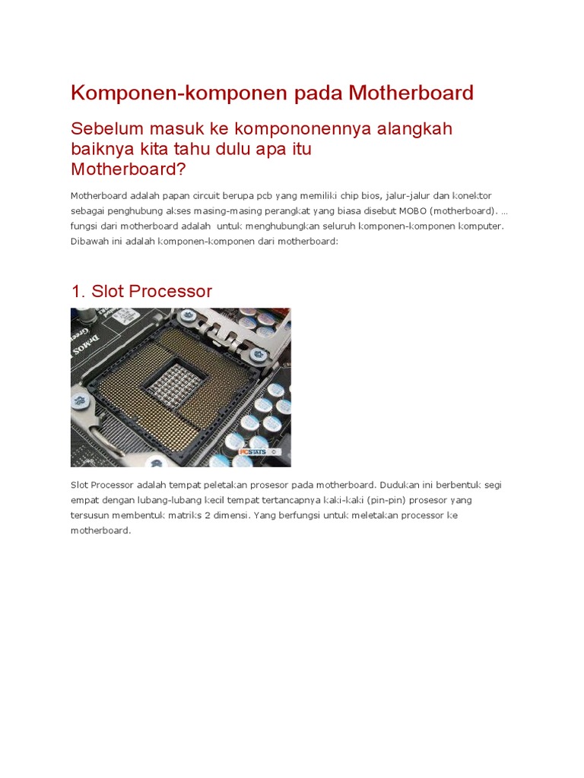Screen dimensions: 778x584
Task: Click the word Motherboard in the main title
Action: point(411,93)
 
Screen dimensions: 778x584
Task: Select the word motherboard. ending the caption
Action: point(100,531)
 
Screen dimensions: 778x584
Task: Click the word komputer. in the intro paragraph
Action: point(481,226)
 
